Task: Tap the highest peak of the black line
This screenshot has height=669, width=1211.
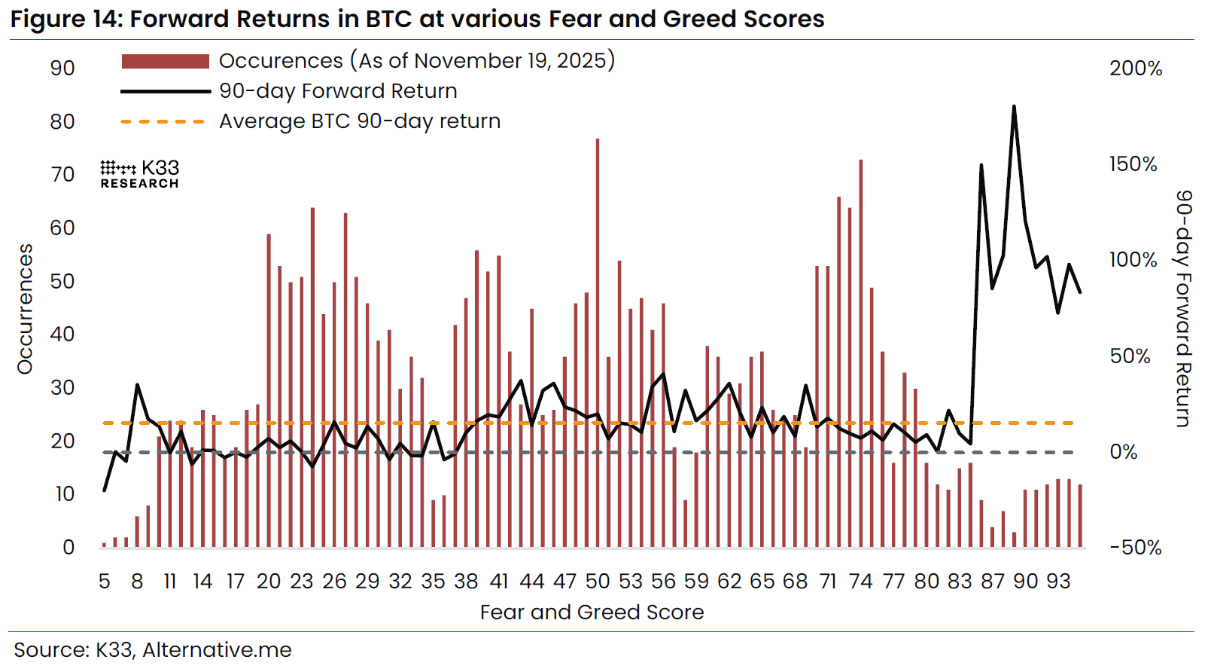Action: click(1014, 108)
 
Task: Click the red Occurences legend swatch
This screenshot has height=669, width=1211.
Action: click(165, 61)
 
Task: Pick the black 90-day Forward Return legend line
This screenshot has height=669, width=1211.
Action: click(165, 91)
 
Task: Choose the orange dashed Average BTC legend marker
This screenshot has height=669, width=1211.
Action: click(163, 121)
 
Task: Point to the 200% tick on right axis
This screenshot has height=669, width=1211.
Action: click(1135, 69)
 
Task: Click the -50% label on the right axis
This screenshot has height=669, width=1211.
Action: click(1135, 548)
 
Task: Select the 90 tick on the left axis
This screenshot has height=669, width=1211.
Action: click(62, 69)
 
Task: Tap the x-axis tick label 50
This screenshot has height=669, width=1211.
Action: click(598, 582)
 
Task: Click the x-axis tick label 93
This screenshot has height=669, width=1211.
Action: click(1058, 582)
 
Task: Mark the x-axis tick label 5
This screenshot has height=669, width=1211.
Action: click(104, 582)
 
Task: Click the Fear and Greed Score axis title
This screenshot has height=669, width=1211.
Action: click(592, 612)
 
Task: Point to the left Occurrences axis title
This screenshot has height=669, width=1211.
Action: click(26, 309)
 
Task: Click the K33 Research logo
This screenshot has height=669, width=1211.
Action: click(140, 174)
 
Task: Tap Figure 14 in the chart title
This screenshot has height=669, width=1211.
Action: click(64, 19)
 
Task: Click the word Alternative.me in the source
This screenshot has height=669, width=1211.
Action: click(217, 650)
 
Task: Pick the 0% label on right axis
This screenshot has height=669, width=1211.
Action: click(1124, 452)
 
